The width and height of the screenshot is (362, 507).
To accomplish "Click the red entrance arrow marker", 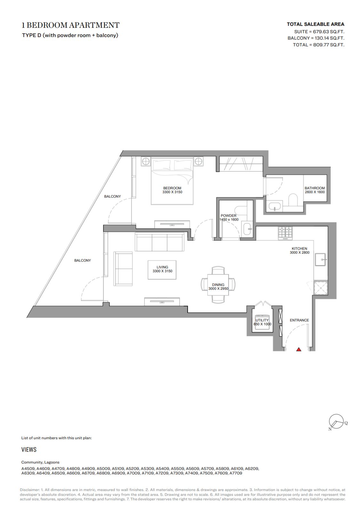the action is [299, 349].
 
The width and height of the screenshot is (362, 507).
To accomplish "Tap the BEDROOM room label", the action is [172, 188].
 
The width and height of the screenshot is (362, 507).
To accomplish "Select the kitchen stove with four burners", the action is [285, 233].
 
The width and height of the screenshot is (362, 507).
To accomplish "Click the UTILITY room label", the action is [262, 320].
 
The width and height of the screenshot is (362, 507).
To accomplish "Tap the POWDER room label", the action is [229, 215].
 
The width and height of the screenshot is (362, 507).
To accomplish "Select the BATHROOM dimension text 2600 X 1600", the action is [314, 192].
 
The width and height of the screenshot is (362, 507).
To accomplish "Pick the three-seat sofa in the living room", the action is [159, 242].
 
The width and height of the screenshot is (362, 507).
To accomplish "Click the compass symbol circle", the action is [336, 421].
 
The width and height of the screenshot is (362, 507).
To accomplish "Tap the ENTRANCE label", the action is [299, 320].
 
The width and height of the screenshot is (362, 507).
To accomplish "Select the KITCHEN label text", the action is [299, 248].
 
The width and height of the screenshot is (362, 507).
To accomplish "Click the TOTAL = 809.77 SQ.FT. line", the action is [318, 45].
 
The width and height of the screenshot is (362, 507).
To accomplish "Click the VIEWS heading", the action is [29, 449].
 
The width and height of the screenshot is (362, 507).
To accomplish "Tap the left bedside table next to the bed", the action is [146, 161].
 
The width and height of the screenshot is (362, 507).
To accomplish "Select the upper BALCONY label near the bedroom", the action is [112, 196].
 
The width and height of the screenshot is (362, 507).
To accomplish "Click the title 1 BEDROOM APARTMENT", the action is [70, 25].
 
